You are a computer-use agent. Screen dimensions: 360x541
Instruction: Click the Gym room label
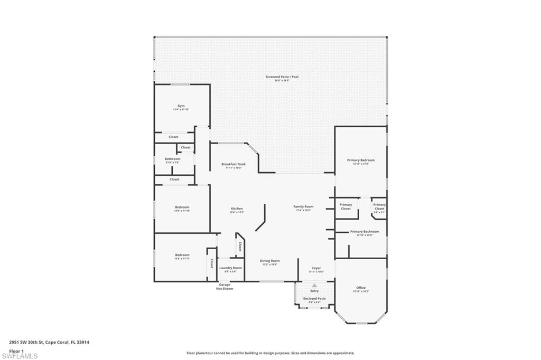[x=181, y=106]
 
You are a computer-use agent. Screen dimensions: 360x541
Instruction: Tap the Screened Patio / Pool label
[x=282, y=77]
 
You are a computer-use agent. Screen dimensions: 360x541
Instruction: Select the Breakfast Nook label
[x=234, y=165]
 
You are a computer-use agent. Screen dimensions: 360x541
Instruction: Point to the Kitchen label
[x=237, y=209]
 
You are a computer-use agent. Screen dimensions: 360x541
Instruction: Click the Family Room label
[x=303, y=207]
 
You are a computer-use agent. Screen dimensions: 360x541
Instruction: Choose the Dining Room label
[x=269, y=261]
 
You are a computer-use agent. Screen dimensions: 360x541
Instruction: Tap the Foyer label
[x=316, y=268]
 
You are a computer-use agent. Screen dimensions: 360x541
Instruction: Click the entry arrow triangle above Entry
[x=315, y=286]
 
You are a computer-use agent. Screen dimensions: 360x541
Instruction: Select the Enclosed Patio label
[x=314, y=299]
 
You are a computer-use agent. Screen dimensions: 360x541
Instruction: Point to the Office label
[x=361, y=288]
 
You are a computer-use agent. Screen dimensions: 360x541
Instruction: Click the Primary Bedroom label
[x=361, y=160]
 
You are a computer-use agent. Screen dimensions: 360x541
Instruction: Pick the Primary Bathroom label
[x=364, y=232]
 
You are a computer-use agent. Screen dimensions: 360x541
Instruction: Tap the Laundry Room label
[x=231, y=268]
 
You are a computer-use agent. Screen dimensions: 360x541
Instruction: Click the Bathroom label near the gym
[x=172, y=159]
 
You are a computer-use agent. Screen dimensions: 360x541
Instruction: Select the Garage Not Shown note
[x=225, y=287]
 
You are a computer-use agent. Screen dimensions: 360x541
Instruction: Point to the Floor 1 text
[x=16, y=350]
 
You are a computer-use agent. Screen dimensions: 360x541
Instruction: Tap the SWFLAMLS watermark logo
[x=20, y=356]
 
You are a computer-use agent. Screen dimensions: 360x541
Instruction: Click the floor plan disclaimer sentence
[x=270, y=353]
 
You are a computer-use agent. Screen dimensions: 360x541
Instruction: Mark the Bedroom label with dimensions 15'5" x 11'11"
[x=182, y=255]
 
